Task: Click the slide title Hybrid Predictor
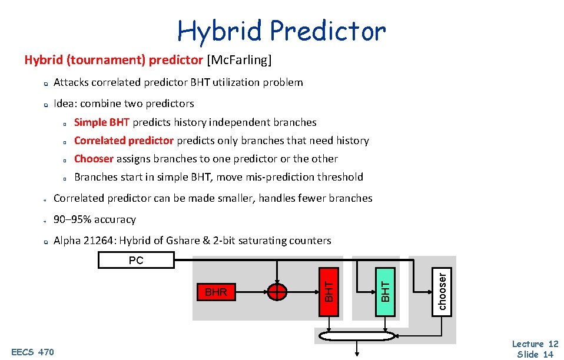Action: point(281,31)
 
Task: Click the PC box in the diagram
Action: point(136,260)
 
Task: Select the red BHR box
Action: point(215,292)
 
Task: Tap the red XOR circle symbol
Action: point(277,292)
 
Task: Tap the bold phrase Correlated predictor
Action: point(124,141)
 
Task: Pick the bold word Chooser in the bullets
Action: point(94,159)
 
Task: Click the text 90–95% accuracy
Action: point(94,219)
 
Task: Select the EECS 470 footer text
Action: point(32,352)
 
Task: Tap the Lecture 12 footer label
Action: point(535,344)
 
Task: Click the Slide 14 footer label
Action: point(535,354)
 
